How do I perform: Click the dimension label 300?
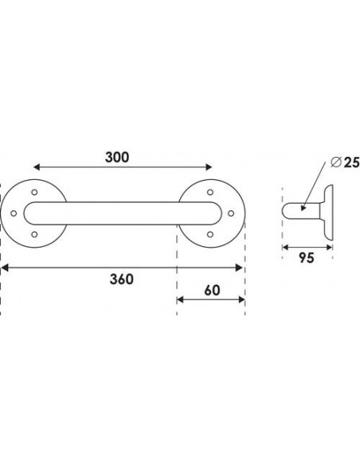click(117, 157)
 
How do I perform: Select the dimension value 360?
click(122, 279)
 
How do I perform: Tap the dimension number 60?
click(213, 291)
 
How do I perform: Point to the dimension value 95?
click(307, 258)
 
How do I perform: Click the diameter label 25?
click(352, 162)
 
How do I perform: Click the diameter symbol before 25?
click(335, 162)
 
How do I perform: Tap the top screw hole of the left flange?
click(34, 192)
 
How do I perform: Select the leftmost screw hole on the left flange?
click(14, 213)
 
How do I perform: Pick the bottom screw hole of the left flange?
click(34, 235)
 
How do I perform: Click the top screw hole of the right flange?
click(210, 192)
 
